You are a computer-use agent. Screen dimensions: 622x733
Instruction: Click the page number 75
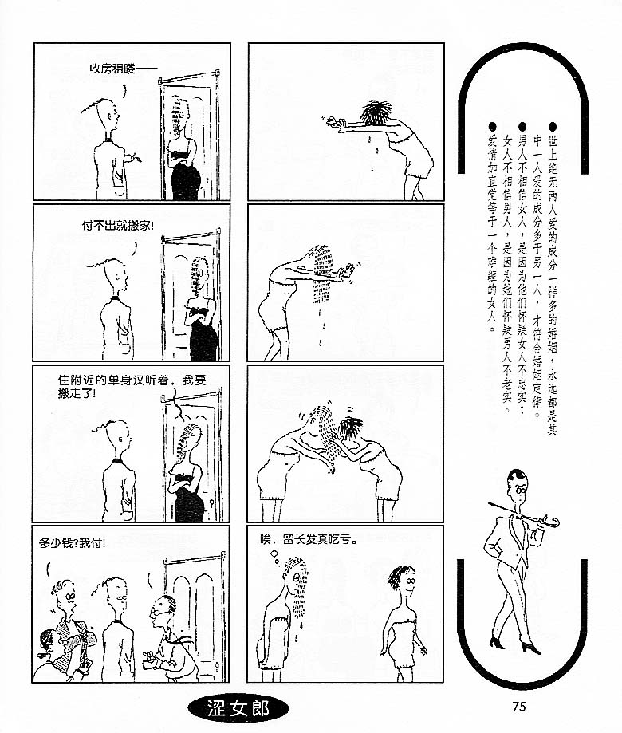[518, 706]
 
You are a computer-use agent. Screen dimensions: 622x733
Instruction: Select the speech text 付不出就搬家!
[118, 225]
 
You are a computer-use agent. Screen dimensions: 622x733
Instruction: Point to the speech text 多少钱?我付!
[72, 543]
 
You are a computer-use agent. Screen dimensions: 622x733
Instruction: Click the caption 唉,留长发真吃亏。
[309, 539]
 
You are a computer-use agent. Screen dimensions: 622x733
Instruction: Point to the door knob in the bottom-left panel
[218, 666]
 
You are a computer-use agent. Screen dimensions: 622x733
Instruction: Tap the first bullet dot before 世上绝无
[553, 127]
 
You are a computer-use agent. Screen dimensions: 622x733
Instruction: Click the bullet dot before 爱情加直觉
[491, 127]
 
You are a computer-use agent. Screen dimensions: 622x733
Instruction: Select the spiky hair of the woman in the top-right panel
[376, 113]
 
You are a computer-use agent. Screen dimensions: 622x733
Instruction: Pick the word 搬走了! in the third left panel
[77, 393]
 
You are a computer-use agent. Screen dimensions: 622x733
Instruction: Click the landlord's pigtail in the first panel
[90, 107]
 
